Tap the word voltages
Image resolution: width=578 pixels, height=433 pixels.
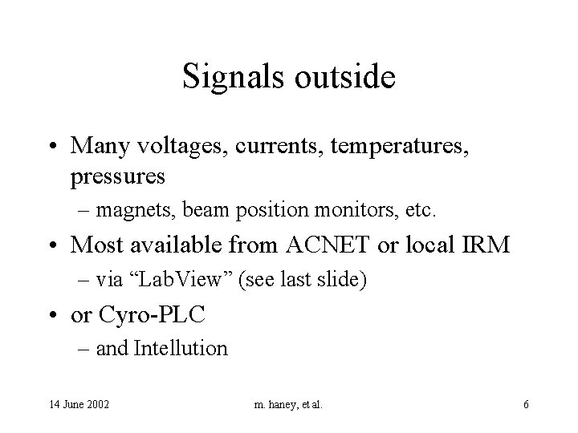172,147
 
